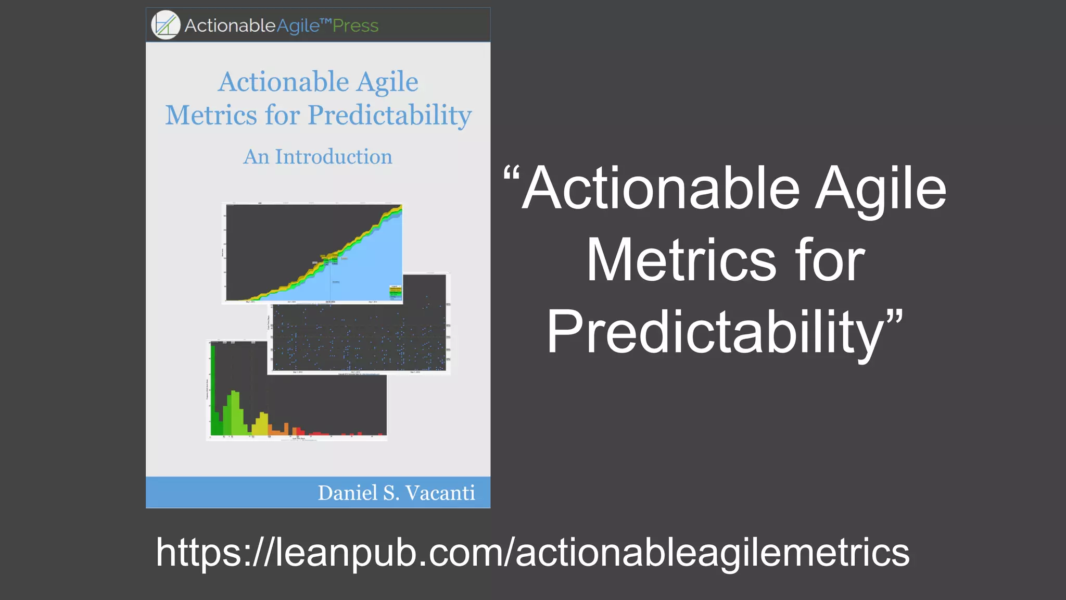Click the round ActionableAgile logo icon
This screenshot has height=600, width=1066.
166,25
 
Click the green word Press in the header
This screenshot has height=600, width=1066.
356,26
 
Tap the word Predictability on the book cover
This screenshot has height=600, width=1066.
389,116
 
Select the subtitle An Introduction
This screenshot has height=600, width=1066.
318,157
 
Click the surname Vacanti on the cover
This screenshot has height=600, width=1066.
440,493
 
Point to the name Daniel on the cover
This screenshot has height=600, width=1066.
347,493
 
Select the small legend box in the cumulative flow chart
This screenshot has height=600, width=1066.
396,292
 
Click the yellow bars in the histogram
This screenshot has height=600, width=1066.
261,424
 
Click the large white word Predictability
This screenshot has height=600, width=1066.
716,332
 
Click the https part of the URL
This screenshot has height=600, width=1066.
198,553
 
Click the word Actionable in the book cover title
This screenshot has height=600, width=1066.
284,82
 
